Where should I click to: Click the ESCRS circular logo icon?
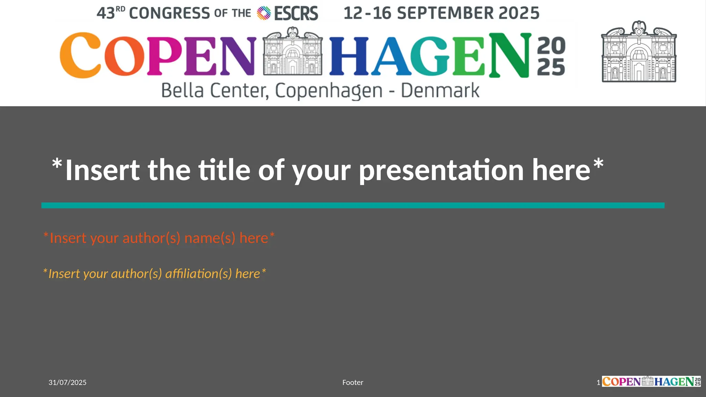(x=264, y=13)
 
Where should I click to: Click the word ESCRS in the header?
(x=296, y=13)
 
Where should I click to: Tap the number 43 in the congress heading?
(x=105, y=13)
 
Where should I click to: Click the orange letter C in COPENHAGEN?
(x=80, y=55)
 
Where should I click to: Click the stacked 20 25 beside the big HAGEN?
(x=551, y=56)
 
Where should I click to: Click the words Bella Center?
(x=214, y=91)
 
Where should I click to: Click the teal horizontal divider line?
(x=353, y=205)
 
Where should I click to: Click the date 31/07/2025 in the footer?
(x=68, y=382)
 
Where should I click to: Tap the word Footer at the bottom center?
(x=353, y=382)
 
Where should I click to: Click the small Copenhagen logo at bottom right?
(x=651, y=381)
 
